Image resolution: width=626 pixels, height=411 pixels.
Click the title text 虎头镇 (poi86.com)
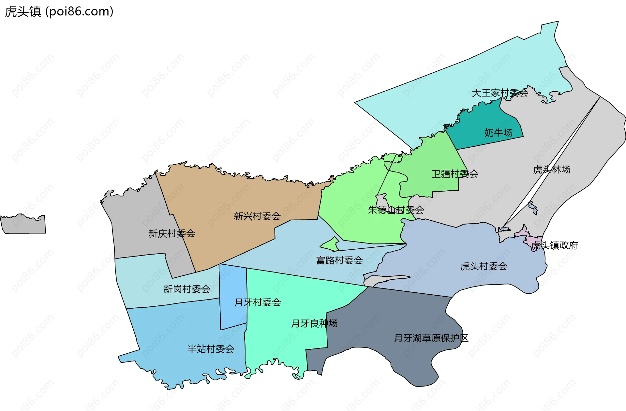point(59,12)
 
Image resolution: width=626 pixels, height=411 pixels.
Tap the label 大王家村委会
point(500,93)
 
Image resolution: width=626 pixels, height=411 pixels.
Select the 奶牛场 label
point(498,133)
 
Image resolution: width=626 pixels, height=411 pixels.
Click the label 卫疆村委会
point(455,174)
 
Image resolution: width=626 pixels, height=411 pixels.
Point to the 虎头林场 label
point(551,169)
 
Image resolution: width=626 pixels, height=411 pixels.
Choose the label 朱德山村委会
point(396,210)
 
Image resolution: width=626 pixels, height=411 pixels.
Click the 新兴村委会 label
point(257,216)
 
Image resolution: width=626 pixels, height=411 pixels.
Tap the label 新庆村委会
point(171,233)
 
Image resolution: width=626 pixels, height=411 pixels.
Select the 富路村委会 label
point(339,260)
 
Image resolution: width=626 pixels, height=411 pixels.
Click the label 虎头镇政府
point(555,245)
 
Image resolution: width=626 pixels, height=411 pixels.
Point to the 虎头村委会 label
point(484,266)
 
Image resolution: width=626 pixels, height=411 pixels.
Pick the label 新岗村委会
point(186,289)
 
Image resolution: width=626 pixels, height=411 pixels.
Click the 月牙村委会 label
point(258,302)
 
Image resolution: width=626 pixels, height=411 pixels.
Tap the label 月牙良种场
point(314,323)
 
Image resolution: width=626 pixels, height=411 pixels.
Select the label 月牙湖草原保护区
point(431,338)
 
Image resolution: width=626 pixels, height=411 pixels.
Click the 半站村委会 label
point(211,349)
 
